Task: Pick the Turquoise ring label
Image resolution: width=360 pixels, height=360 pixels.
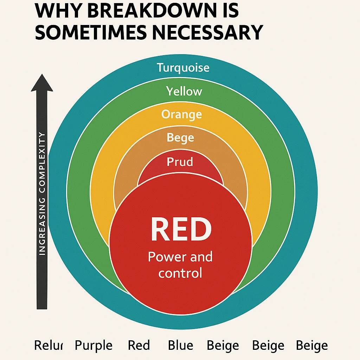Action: click(x=183, y=67)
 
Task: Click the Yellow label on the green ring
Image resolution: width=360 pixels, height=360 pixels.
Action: click(x=184, y=91)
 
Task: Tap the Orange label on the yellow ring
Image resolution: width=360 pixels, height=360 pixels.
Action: click(x=181, y=115)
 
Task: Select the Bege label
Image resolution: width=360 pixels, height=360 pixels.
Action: click(x=180, y=137)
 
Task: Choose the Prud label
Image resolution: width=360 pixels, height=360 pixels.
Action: click(x=180, y=162)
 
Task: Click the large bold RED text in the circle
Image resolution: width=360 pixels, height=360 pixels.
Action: click(x=181, y=229)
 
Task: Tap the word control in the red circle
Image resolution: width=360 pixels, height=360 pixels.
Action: click(x=180, y=273)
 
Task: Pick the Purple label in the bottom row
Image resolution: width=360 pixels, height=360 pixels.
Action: click(x=94, y=346)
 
